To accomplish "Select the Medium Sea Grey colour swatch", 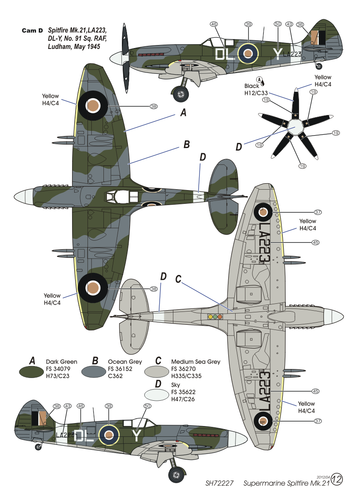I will point(157,371).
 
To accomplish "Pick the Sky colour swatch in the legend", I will point(157,393).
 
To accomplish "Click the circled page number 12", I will point(337,480).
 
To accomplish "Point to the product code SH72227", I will point(219,483).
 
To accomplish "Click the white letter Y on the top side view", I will point(278,53).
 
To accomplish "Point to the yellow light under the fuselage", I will point(210,317).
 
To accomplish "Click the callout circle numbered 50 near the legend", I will point(148,405).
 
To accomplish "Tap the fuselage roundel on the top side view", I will point(248,53).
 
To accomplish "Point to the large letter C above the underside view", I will point(179,279).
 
